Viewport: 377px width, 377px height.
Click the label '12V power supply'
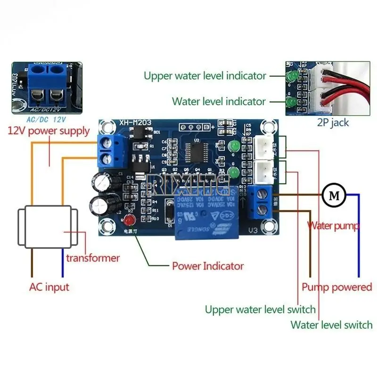(x=49, y=131)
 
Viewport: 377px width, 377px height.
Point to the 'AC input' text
(x=49, y=287)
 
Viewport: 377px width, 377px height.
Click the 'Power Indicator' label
(x=208, y=266)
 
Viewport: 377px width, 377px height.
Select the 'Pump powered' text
(x=336, y=287)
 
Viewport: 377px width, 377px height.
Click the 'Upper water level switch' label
(x=260, y=310)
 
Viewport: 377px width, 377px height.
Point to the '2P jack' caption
(x=333, y=123)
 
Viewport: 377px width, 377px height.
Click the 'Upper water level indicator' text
(x=205, y=75)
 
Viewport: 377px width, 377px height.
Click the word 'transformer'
(x=93, y=258)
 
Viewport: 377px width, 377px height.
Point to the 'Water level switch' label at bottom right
(x=331, y=325)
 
